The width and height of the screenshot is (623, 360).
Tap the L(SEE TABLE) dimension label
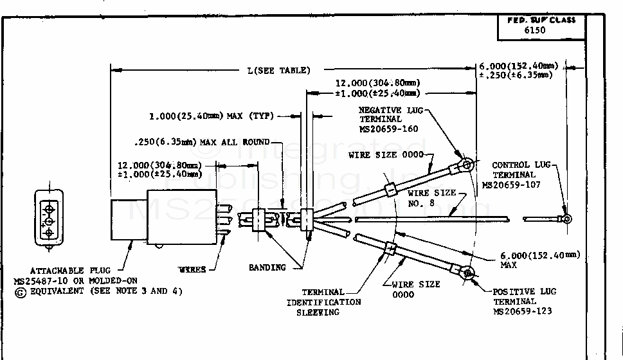point(278,71)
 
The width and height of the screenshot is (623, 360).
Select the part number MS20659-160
point(389,129)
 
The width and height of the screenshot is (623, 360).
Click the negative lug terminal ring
point(467,165)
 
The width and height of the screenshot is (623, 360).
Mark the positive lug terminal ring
point(468,274)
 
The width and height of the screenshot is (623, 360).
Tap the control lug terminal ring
point(566,219)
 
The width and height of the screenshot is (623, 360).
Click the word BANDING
point(267,267)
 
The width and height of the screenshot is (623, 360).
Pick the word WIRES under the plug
point(192,270)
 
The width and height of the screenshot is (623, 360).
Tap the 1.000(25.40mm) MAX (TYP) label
point(212,116)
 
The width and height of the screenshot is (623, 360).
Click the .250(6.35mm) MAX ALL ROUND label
point(202,142)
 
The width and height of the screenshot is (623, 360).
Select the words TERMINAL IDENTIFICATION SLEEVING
point(323,302)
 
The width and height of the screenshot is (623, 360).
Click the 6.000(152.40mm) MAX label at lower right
point(539,259)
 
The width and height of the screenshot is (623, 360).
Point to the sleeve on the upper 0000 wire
point(390,190)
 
